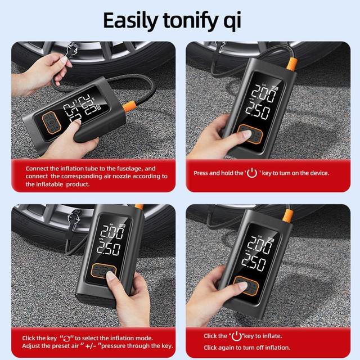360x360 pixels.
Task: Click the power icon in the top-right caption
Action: point(251,173)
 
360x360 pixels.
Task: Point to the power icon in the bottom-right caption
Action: point(237,336)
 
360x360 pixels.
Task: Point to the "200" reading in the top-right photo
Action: point(264,92)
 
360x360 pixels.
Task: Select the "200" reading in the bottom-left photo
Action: point(112,232)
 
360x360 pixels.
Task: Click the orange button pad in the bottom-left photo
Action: point(103,271)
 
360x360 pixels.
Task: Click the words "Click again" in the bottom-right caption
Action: point(219,348)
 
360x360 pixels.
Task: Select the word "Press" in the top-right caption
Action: point(202,173)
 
